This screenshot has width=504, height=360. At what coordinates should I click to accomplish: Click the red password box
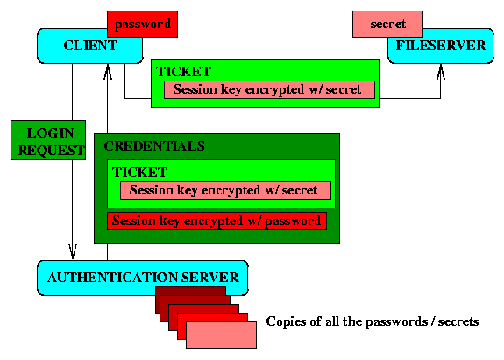[x=142, y=24]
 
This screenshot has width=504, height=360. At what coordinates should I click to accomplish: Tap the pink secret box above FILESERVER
[x=387, y=24]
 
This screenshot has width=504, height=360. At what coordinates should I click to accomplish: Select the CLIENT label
[x=90, y=46]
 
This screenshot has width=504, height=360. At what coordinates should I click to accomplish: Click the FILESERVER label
[x=441, y=46]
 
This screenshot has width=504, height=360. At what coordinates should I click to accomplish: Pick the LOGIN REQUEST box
[x=48, y=140]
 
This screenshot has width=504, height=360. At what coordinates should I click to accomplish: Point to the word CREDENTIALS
[x=154, y=146]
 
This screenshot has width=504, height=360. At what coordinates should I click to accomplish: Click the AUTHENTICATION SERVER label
[x=143, y=278]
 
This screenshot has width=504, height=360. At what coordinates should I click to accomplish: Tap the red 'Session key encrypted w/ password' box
[x=217, y=221]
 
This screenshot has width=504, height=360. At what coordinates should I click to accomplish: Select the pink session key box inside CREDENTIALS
[x=225, y=190]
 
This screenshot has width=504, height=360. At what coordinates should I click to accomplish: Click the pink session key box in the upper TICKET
[x=269, y=89]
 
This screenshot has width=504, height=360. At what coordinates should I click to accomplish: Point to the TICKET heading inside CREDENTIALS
[x=139, y=173]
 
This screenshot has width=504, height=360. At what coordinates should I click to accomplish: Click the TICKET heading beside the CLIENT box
[x=183, y=72]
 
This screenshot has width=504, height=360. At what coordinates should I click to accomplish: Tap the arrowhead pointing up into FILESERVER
[x=441, y=71]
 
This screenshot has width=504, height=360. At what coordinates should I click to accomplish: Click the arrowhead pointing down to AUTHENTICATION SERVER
[x=73, y=251]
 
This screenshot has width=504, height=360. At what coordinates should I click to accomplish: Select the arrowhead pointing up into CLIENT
[x=108, y=71]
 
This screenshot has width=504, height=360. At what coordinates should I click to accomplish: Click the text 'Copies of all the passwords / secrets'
[x=373, y=321]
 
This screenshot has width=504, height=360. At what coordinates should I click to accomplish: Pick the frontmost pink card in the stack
[x=221, y=335]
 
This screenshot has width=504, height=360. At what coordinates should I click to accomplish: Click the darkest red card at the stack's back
[x=190, y=292]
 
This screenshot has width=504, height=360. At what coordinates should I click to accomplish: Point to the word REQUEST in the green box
[x=51, y=151]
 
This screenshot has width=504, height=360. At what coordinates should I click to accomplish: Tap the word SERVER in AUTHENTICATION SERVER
[x=210, y=278]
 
